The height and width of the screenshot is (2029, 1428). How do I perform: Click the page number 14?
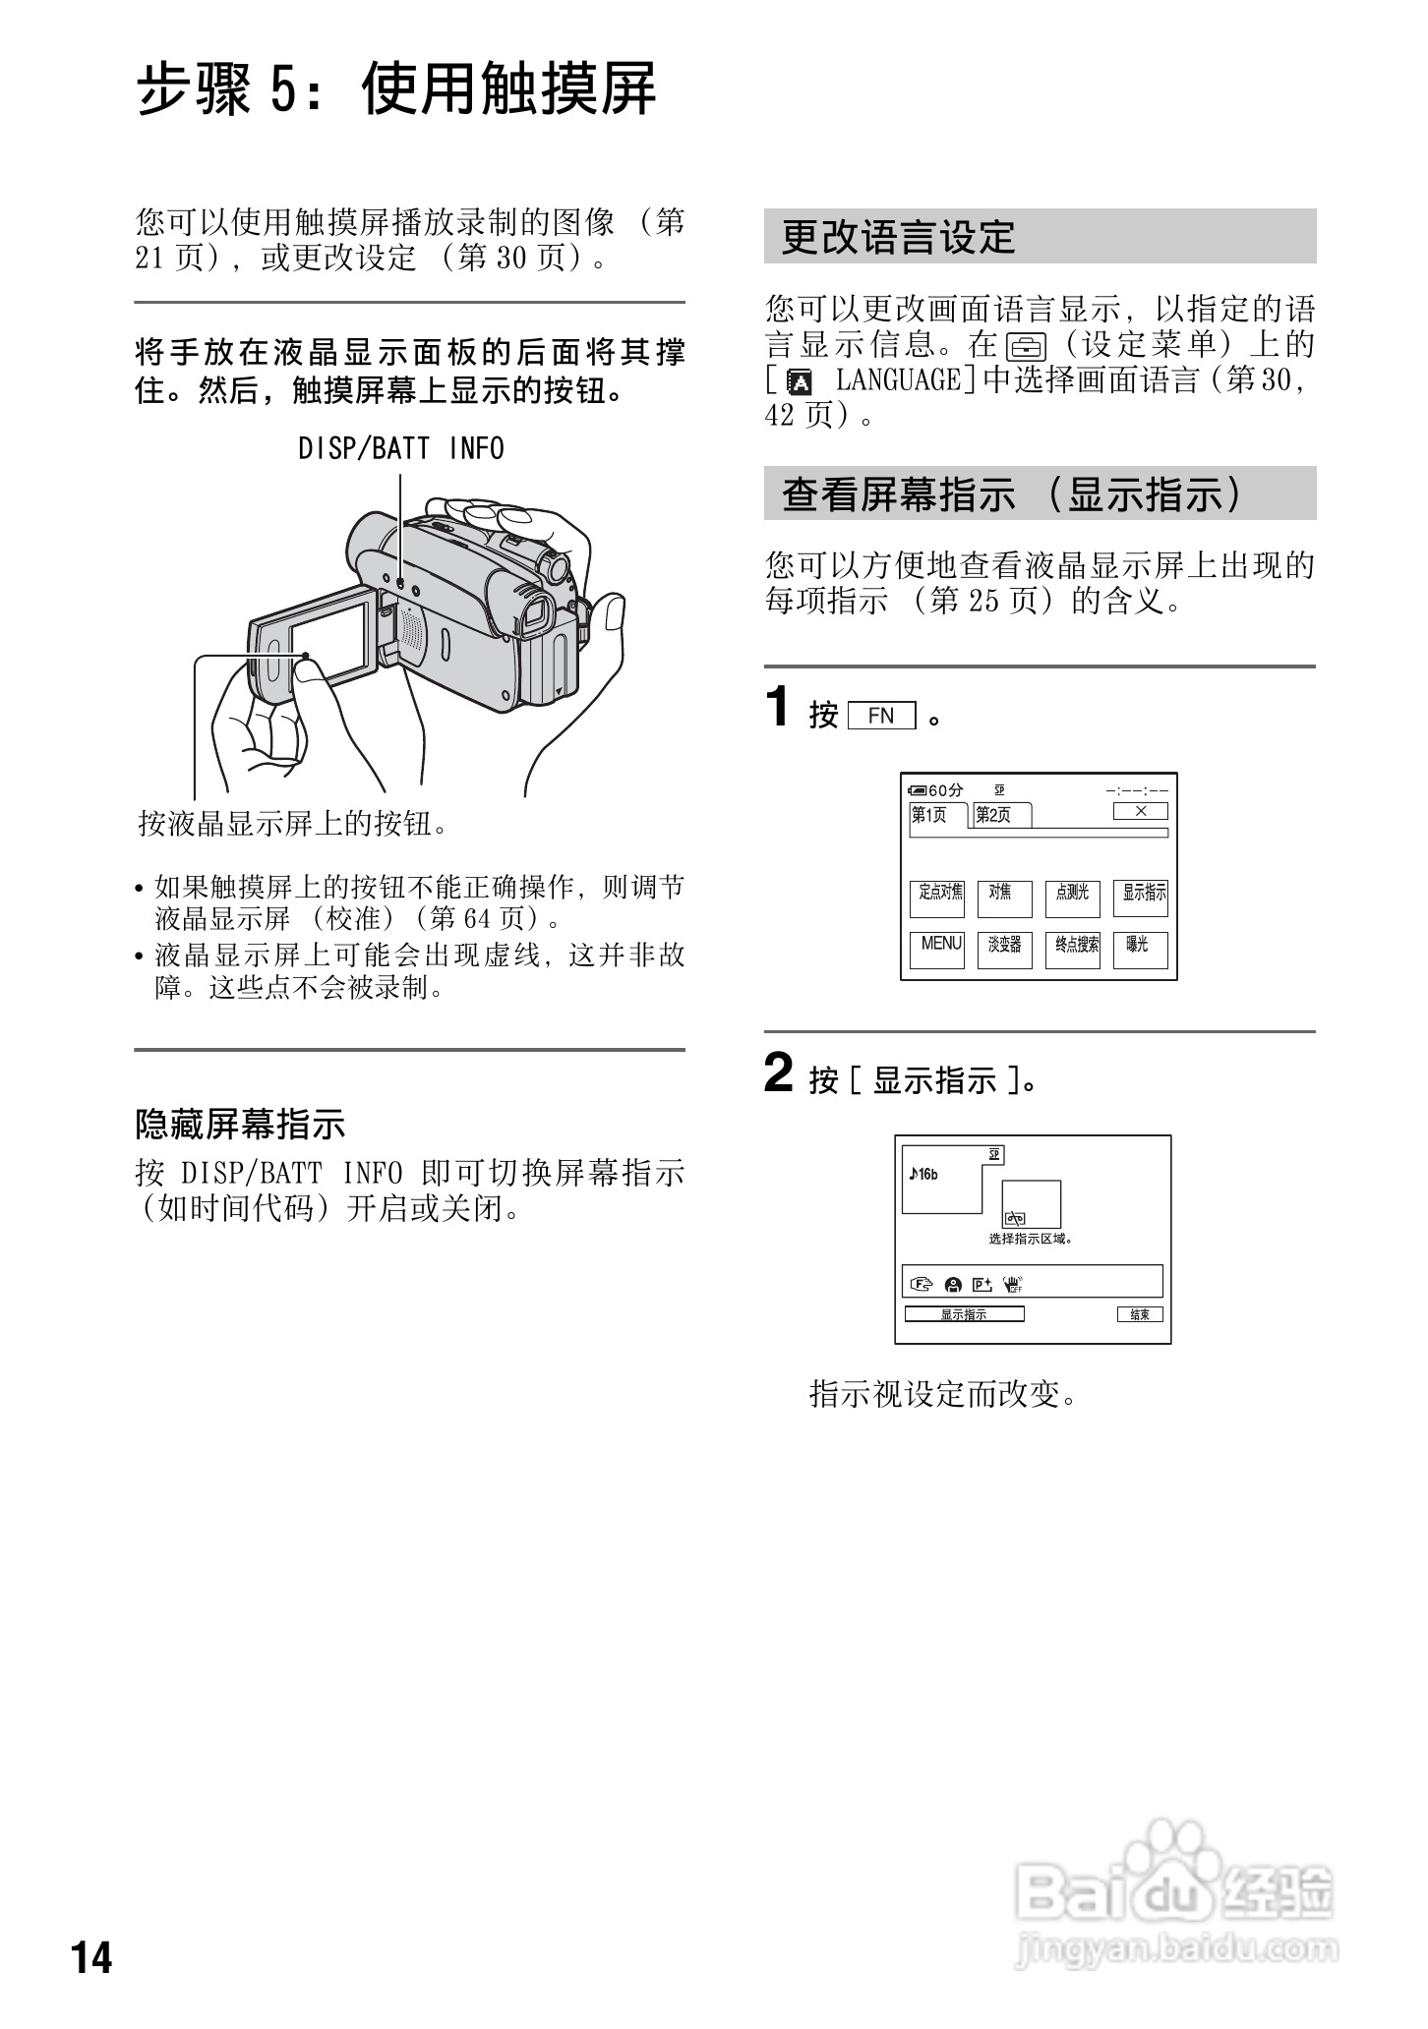(91, 1957)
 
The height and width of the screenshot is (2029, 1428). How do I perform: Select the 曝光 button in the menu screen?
(1140, 950)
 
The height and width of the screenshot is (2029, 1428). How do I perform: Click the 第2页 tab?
(1001, 815)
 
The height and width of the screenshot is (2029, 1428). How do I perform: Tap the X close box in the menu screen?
(1140, 811)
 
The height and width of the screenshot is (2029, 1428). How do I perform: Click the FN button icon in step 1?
(880, 716)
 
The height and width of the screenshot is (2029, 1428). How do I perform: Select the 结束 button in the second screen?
(1140, 1314)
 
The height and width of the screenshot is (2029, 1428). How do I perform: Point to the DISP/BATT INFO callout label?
(400, 449)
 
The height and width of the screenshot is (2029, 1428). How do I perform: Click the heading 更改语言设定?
(897, 237)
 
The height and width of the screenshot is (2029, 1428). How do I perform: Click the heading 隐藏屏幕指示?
(240, 1124)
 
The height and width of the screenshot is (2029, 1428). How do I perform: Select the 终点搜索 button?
(1072, 950)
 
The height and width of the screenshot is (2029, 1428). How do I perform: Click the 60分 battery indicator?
(937, 790)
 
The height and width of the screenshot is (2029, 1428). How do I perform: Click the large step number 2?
(778, 1072)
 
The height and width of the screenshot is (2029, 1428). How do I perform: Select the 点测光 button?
(1072, 898)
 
